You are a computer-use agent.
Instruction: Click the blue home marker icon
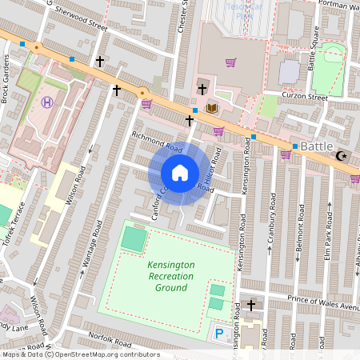coord(180,173)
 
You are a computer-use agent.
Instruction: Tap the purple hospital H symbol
coord(47,102)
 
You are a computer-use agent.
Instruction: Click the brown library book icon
coord(212,108)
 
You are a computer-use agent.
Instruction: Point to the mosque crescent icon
coord(343,156)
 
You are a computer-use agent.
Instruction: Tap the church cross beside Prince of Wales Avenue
coord(251,305)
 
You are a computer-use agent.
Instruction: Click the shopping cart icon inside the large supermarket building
coord(230,62)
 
